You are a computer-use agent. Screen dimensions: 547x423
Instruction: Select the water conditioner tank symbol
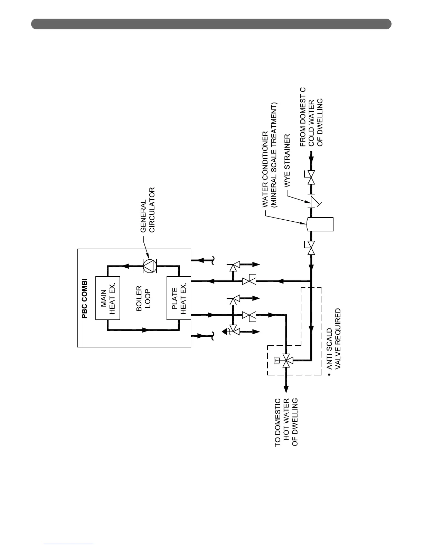(x=320, y=224)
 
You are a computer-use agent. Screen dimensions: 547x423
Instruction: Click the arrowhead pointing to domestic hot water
(x=286, y=389)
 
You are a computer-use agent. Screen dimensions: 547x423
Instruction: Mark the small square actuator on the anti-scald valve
(x=276, y=361)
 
